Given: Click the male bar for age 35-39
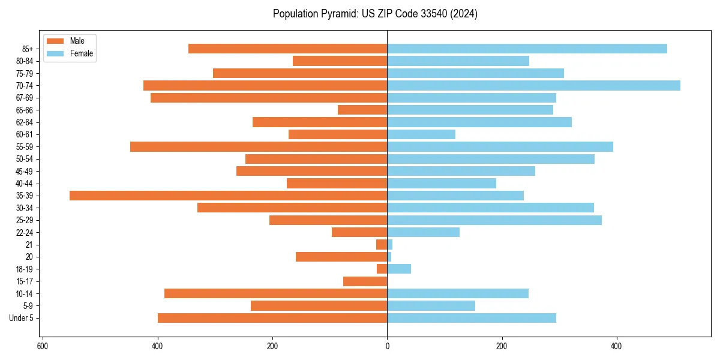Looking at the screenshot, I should [x=228, y=196].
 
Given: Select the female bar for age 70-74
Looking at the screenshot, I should [x=533, y=86].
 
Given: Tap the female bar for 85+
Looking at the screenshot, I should [x=527, y=49].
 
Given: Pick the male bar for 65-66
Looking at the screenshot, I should [x=362, y=110].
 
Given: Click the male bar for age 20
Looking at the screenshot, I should [x=341, y=257].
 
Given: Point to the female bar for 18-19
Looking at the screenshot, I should [x=399, y=269].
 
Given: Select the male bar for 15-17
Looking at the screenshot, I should [x=365, y=281].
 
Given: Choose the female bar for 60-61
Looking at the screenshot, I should [x=421, y=134].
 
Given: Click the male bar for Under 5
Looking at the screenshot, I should [x=272, y=318].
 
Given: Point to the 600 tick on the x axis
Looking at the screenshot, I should [x=43, y=347].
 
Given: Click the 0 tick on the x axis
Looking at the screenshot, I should [x=387, y=347].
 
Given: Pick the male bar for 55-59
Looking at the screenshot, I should [x=259, y=147].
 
